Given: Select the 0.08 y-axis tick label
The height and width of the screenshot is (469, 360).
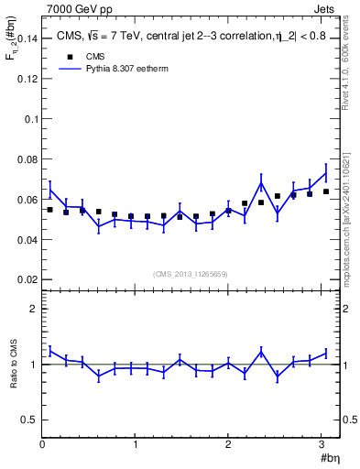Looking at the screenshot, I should pos(27,158).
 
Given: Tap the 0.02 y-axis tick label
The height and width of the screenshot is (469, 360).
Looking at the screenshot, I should pos(27,278).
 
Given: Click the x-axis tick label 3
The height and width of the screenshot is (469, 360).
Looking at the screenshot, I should pos(322,446).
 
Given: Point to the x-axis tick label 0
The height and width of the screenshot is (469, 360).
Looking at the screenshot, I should pos(42,446).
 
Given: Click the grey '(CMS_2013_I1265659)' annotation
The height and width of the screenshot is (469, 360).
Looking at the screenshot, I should pos(191,274).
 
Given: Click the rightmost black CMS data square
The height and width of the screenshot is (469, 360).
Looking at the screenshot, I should pos(325,191).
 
